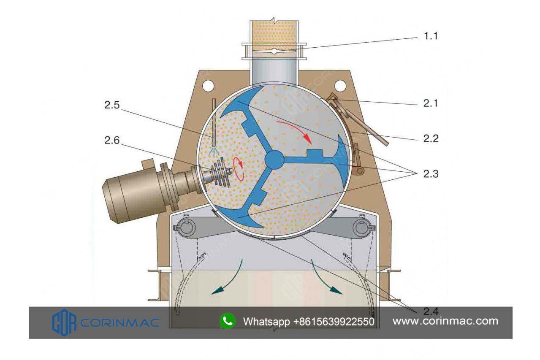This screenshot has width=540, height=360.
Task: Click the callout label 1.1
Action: point(431,36)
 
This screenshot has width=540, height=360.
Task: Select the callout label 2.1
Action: point(431,103)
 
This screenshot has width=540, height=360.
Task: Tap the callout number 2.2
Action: point(431,138)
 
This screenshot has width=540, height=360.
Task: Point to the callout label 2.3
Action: point(431,173)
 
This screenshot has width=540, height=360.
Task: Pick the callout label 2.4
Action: point(431,312)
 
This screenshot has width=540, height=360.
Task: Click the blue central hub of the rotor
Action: point(274,160)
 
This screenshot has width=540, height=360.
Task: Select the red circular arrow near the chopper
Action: point(239,168)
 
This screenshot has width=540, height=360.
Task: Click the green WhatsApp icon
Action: point(228,321)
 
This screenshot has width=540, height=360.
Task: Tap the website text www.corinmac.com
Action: point(445,321)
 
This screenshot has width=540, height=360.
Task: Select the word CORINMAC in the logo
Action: point(119,323)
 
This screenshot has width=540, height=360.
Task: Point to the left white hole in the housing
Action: point(208,86)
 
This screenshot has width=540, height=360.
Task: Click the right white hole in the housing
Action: point(340,86)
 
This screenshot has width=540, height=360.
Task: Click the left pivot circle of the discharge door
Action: point(186,228)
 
